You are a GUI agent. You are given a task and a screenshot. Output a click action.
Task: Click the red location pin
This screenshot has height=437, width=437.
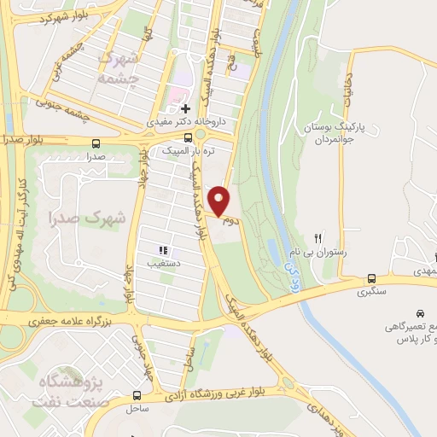(219, 201)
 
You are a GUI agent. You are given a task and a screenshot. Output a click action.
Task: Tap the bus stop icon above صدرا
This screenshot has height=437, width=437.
(95, 143)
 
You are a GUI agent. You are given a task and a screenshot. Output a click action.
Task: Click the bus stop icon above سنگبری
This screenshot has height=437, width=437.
(371, 277)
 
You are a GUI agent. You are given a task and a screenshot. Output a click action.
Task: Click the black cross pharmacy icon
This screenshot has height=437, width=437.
(185, 108)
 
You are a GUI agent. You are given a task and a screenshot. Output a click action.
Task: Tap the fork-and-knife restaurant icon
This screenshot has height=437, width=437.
(318, 239)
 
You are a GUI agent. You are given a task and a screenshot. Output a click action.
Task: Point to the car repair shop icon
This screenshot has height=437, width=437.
(420, 314)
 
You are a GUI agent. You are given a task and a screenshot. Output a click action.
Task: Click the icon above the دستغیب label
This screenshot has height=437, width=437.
(162, 251)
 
